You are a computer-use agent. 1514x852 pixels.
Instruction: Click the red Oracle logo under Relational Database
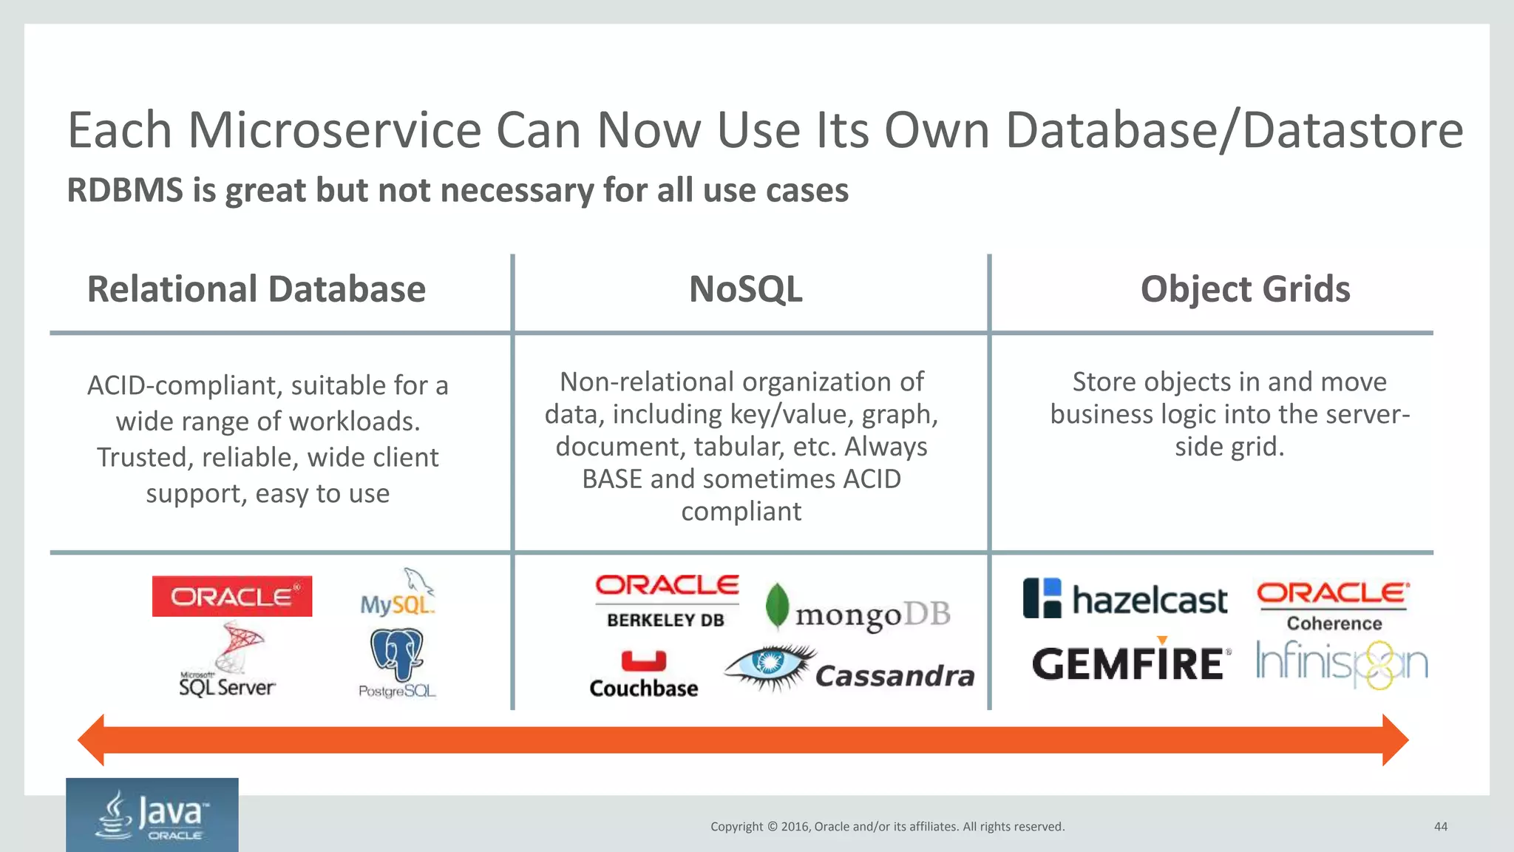tap(231, 596)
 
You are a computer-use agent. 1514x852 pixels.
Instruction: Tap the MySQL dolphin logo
tap(398, 593)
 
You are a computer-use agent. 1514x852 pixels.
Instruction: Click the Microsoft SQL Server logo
tap(228, 660)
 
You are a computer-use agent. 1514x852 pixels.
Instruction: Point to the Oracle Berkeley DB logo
tap(667, 601)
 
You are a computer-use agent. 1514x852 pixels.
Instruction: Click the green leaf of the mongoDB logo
tap(777, 605)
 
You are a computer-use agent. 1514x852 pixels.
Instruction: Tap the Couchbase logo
tap(643, 673)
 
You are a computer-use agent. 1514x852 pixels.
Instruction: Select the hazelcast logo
tap(1124, 598)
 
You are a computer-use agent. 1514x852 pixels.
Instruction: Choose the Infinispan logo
tap(1342, 663)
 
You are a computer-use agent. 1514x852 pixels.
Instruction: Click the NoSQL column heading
tap(745, 289)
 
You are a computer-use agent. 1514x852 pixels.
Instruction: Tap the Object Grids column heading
tap(1245, 289)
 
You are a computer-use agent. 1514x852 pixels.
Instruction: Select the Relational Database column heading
tap(256, 289)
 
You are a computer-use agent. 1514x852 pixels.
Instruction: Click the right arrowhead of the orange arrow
tap(1394, 740)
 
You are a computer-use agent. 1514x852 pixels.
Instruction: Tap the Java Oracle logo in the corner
tap(152, 815)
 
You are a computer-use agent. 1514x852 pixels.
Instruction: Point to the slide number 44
tap(1440, 827)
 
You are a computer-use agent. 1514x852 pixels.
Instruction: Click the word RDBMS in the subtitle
tap(124, 190)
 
